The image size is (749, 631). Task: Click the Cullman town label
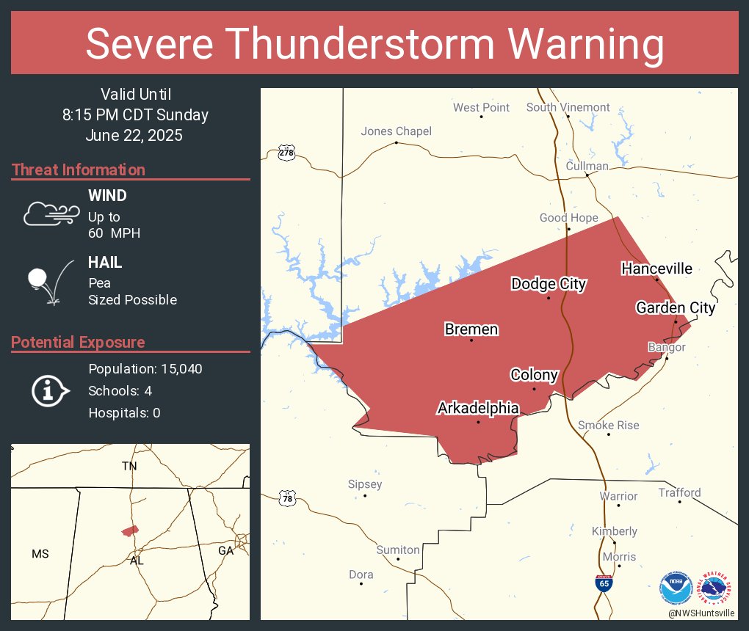click(587, 166)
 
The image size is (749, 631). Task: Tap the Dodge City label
click(549, 284)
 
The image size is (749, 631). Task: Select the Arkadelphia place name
click(478, 408)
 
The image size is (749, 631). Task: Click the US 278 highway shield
click(286, 153)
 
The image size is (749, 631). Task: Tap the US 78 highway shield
click(286, 499)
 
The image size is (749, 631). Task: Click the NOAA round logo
click(676, 588)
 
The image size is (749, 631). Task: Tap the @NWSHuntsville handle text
click(702, 612)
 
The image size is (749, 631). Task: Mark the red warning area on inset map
click(130, 530)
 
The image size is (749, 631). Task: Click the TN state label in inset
click(129, 466)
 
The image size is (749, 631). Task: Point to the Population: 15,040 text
click(145, 368)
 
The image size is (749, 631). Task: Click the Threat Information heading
click(79, 169)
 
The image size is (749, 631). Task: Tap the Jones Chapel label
click(396, 131)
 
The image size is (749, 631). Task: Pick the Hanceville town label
click(656, 269)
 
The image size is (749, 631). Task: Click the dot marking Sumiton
click(399, 559)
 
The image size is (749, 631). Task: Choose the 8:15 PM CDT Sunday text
click(135, 115)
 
